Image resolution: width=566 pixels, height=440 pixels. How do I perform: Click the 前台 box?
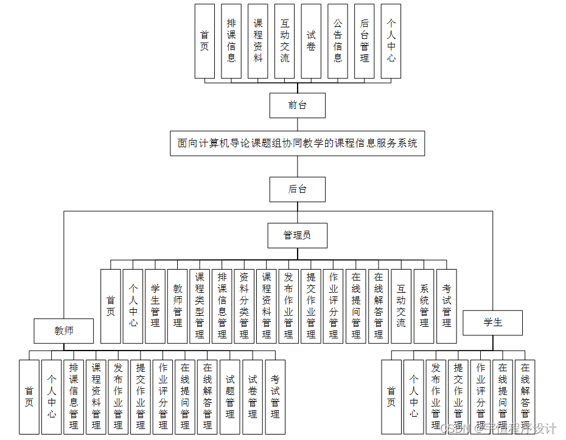point(297,105)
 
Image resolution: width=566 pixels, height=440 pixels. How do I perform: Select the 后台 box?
point(297,189)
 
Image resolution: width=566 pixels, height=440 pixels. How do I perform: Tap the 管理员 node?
point(297,236)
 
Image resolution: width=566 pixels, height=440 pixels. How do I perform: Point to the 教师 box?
point(64,331)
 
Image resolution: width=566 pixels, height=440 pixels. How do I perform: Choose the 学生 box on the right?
point(493,323)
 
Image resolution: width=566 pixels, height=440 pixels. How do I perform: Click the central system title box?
point(297,144)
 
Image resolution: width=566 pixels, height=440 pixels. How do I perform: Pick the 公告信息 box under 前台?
point(338,41)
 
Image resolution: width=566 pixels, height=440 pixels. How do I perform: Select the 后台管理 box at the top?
point(365,41)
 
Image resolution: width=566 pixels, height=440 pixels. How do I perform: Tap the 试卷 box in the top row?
point(311,41)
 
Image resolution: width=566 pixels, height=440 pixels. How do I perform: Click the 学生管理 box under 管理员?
point(155,306)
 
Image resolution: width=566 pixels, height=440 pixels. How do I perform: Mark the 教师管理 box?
point(178,306)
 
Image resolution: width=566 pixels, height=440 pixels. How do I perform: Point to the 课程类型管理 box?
point(200,306)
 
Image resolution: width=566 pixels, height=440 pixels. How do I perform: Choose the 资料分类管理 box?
point(244,306)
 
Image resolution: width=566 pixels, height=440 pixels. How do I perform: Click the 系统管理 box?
point(424,306)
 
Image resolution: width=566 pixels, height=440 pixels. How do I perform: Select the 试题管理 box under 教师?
point(230,397)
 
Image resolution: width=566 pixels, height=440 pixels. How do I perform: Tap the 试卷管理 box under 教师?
point(253,397)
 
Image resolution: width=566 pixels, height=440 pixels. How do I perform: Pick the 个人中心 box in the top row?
point(391,41)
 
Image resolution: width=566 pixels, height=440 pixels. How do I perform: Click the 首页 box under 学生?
point(391,397)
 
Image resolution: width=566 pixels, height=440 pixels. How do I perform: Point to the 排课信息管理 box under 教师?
point(74,397)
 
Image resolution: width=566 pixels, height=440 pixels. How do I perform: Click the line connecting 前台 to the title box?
point(297,124)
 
